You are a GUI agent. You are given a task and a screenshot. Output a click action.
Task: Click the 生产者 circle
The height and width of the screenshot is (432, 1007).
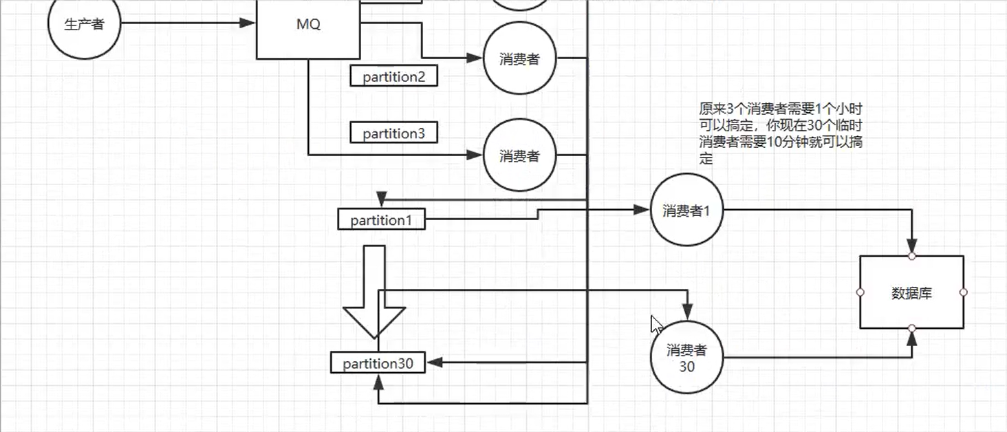(84, 24)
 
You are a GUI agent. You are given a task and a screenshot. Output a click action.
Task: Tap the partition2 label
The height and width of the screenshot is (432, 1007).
(393, 76)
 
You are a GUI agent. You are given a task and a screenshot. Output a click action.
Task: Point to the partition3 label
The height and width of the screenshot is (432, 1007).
(393, 133)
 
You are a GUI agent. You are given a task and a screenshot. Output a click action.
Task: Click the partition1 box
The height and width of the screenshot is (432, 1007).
(381, 220)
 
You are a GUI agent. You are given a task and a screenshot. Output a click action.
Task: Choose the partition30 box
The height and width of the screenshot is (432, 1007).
(378, 363)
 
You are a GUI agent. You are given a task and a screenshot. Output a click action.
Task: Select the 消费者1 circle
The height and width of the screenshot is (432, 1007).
(686, 210)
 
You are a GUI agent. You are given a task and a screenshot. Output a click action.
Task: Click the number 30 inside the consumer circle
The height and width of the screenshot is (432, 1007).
(686, 367)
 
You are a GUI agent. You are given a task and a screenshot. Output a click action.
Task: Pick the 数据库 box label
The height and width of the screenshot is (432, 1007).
(911, 293)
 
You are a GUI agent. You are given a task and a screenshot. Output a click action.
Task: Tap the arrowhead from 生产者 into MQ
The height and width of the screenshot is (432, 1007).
(248, 23)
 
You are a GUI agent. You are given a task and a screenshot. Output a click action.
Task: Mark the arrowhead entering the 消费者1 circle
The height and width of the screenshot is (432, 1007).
(642, 210)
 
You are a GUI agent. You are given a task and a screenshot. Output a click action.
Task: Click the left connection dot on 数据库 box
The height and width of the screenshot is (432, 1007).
(860, 292)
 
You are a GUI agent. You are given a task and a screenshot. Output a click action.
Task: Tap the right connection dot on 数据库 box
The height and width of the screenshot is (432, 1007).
(963, 292)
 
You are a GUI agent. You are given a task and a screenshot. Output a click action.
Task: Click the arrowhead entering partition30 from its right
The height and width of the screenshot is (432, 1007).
(433, 363)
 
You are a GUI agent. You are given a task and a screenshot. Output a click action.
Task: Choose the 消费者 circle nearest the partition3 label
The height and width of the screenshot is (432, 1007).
(519, 156)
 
